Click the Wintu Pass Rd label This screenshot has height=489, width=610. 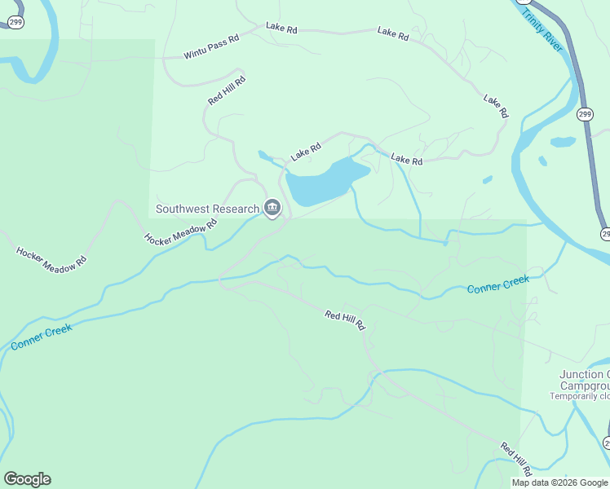coord(211,47)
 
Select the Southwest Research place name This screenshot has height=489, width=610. coord(207,209)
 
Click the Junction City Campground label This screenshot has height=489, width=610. coord(584,380)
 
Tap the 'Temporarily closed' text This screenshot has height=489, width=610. coord(579,396)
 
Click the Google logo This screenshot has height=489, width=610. coord(27,479)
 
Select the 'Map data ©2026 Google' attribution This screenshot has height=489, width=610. coord(559,482)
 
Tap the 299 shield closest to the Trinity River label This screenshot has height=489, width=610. coord(585,115)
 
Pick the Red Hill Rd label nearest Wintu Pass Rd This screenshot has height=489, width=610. coord(227,90)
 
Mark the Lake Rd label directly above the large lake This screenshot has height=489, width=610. coord(306,151)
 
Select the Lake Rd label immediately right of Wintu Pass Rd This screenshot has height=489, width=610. coord(281,29)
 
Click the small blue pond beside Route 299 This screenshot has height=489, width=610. coord(563,142)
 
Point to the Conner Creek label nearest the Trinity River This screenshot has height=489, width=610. coord(498,284)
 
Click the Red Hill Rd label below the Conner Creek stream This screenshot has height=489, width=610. coord(345,320)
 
